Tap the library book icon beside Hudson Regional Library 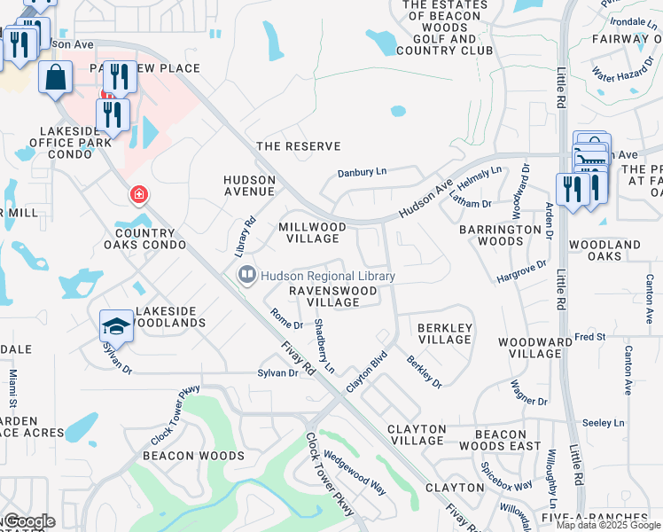(247, 277)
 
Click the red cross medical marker (137, 194)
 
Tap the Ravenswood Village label (326, 296)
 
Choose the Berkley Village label (444, 332)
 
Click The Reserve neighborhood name (298, 146)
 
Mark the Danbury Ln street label (363, 173)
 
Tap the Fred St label (589, 337)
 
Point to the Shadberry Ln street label (324, 346)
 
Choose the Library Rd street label (246, 237)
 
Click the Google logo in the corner (28, 521)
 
